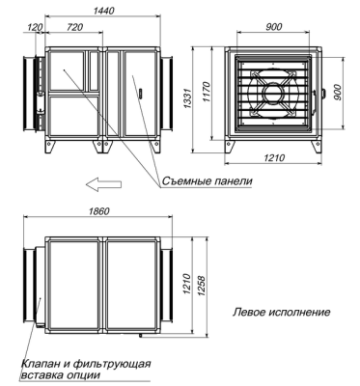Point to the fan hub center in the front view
pyautogui.click(x=274, y=95)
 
